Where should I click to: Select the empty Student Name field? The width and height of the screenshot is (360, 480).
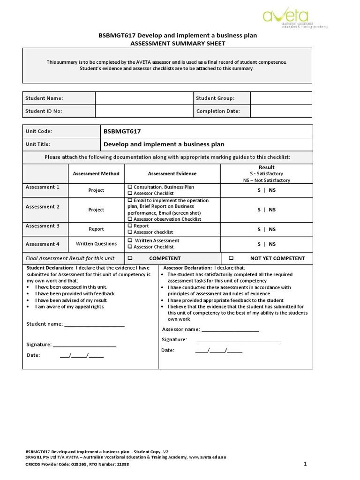143,98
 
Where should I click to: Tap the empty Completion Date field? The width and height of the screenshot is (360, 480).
281,111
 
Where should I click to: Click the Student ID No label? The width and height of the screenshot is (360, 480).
44,111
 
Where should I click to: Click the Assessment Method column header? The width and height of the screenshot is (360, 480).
96,173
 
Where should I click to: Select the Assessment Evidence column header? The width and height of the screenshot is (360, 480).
172,173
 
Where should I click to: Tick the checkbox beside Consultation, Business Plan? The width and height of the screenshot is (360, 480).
130,187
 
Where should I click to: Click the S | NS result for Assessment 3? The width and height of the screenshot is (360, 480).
266,229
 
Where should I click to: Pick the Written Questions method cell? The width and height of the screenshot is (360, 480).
96,244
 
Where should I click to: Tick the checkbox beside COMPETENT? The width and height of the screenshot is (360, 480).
130,258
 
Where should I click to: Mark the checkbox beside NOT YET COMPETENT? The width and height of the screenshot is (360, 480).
231,258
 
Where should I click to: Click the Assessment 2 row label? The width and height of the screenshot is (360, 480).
43,207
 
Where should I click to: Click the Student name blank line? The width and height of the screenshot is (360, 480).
94,324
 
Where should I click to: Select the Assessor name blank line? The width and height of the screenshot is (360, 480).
230,330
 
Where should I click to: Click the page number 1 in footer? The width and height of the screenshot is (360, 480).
305,464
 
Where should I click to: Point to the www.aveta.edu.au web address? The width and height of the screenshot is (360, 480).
208,457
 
